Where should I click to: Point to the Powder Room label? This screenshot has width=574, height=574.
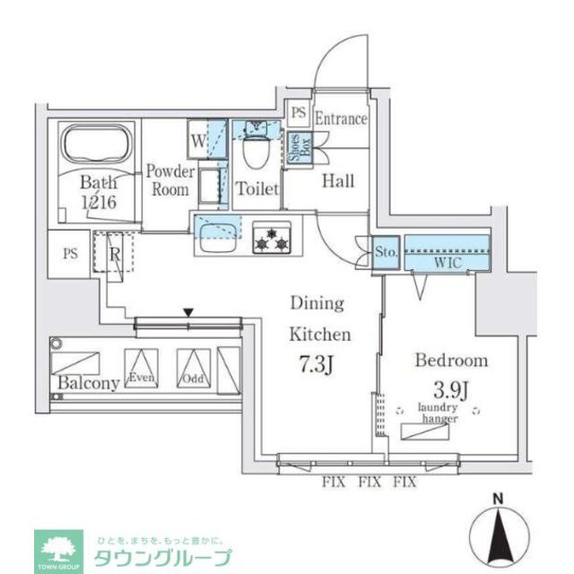[170, 180]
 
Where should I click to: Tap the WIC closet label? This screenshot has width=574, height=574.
[448, 264]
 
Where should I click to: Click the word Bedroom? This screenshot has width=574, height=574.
[451, 361]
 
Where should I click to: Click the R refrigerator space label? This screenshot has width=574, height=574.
[114, 252]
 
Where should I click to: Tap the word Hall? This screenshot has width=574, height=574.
[338, 180]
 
